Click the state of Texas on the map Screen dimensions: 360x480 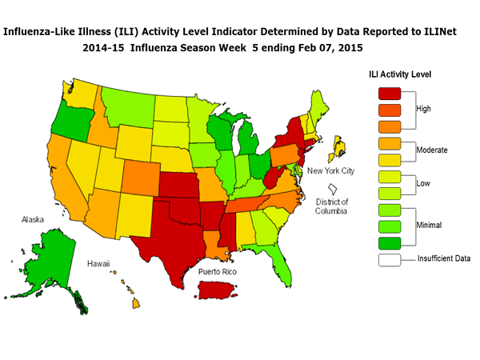pyautogui.click(x=172, y=232)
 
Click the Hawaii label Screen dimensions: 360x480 pyautogui.click(x=99, y=263)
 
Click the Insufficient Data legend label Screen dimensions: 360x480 pyautogui.click(x=444, y=258)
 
